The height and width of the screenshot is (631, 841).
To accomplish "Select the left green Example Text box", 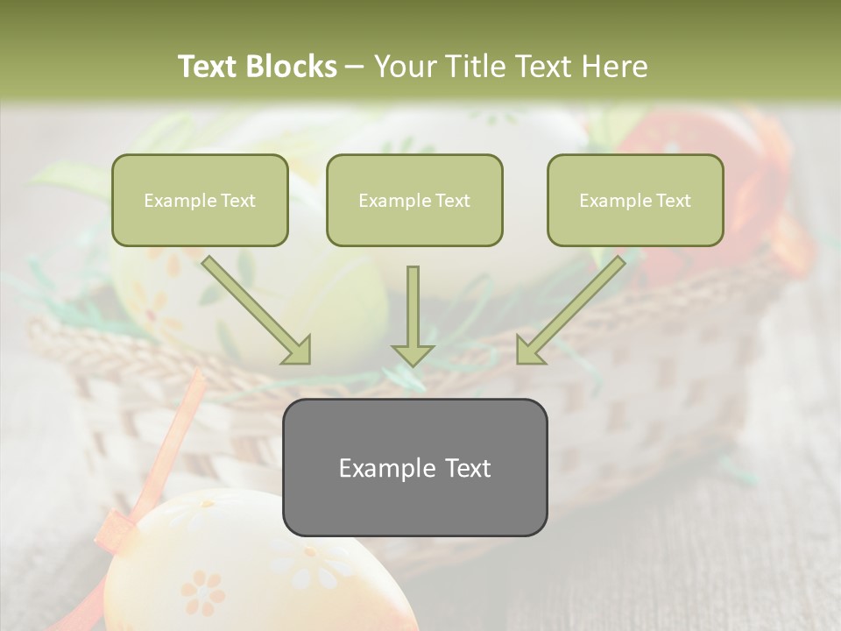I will point(200,200).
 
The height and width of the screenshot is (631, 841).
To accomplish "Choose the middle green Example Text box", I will point(414,200).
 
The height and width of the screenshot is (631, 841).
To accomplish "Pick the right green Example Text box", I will point(635,200).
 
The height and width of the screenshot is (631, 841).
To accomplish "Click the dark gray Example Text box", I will point(414,467).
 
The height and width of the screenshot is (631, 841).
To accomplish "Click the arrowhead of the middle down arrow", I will point(413,354).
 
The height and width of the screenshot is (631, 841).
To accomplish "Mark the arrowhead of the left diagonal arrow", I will point(298,350).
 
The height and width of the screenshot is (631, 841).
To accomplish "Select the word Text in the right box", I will point(674,201).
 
